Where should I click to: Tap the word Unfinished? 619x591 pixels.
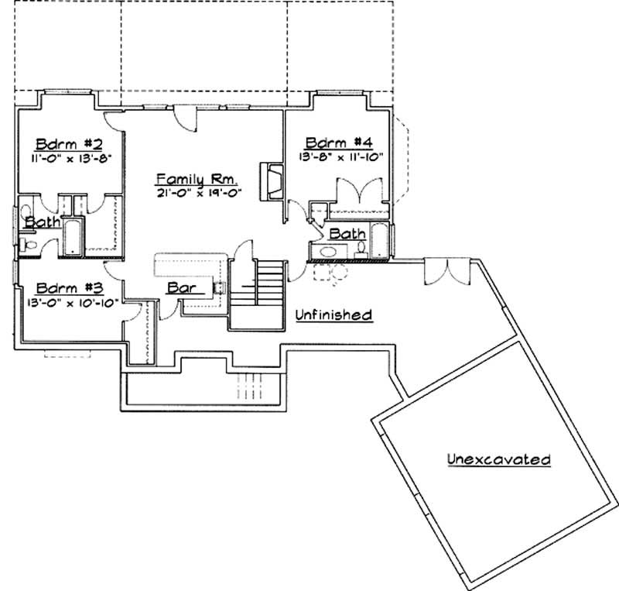click(334, 314)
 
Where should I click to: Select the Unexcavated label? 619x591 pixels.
click(499, 459)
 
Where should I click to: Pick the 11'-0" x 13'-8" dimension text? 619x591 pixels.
click(69, 159)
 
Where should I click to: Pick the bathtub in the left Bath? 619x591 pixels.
click(73, 237)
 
